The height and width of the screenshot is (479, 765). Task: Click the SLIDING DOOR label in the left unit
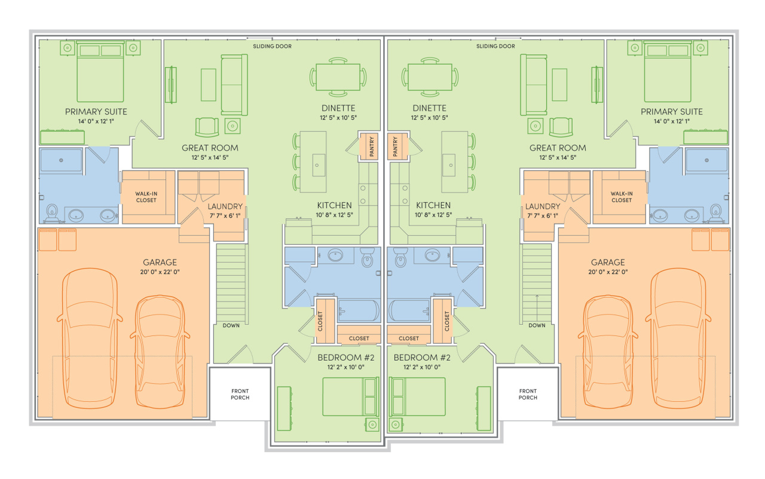tap(272, 46)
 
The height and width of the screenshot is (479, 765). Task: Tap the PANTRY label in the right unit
tap(395, 147)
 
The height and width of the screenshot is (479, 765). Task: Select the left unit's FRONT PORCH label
tap(240, 394)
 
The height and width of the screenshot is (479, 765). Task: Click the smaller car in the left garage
tap(160, 352)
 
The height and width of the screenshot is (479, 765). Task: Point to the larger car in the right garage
tap(678, 338)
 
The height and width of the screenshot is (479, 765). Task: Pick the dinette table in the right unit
tap(430, 77)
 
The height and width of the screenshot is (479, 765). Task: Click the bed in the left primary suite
tap(100, 71)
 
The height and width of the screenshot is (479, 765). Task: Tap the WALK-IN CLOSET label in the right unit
tap(622, 197)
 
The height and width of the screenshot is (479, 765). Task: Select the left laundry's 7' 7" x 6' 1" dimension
tap(225, 216)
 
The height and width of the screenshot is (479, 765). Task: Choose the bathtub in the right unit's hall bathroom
tap(409, 310)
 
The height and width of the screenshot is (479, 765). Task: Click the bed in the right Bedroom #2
tap(417, 396)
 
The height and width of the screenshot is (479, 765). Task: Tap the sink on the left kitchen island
tap(319, 165)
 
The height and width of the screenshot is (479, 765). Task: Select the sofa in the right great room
tap(533, 85)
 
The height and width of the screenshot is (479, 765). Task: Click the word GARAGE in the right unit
tap(608, 263)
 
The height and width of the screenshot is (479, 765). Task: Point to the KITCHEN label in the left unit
tap(334, 205)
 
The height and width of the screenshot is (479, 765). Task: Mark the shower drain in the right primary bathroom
tap(706, 160)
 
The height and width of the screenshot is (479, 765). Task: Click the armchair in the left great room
tap(207, 127)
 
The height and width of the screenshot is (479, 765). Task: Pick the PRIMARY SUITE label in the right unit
tap(671, 112)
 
